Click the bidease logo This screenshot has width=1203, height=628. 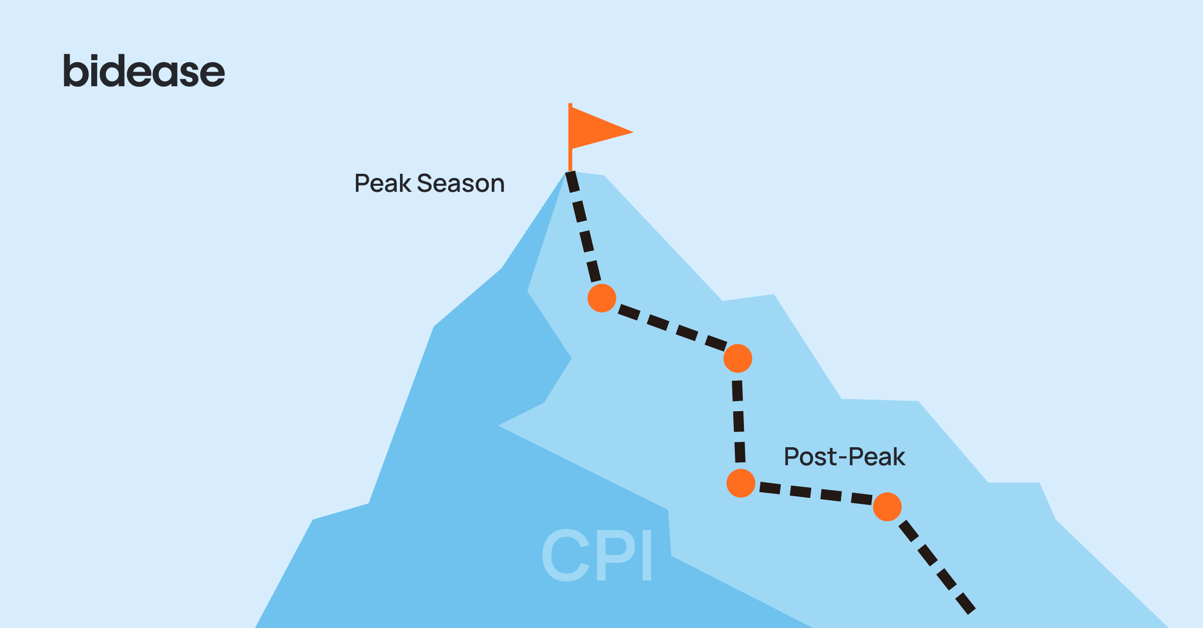pyautogui.click(x=144, y=71)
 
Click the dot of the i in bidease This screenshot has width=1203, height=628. pyautogui.click(x=96, y=58)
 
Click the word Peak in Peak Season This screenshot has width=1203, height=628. pyautogui.click(x=382, y=183)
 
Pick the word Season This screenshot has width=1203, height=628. pyautogui.click(x=461, y=183)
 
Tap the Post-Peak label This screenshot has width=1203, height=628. pyautogui.click(x=845, y=457)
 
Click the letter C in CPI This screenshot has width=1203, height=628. pyautogui.click(x=566, y=555)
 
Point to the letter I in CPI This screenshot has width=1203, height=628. pyautogui.click(x=647, y=555)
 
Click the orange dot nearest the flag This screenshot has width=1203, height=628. pyautogui.click(x=601, y=298)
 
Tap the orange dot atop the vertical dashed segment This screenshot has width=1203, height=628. pyautogui.click(x=738, y=359)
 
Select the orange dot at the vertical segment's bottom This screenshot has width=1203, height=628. pyautogui.click(x=741, y=484)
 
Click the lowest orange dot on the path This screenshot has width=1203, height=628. pyautogui.click(x=887, y=507)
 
